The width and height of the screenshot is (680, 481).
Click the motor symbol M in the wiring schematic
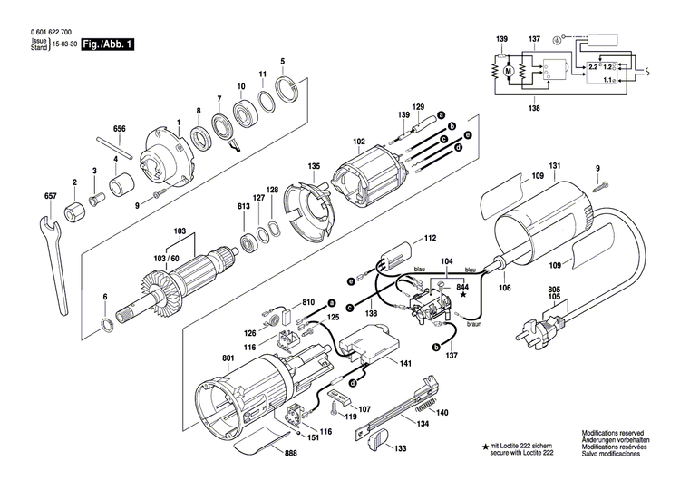[x=508, y=70]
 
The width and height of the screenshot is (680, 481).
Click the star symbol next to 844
[x=462, y=296]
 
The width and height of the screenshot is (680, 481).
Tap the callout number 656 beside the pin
[x=119, y=130]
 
